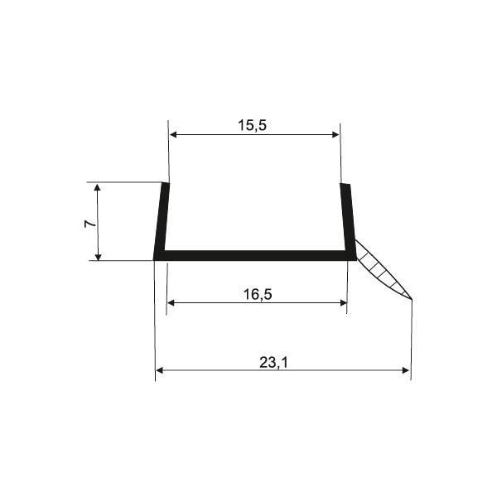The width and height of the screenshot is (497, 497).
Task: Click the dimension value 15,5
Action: tap(253, 126)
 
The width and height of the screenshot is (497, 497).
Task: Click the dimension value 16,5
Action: tap(258, 294)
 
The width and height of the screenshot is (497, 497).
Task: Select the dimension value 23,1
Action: tap(274, 363)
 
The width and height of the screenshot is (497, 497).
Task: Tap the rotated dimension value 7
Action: tap(90, 224)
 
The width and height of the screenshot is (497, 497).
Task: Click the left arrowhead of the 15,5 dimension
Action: tap(173, 135)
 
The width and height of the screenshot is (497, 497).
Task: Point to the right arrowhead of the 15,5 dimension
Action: tap(335, 135)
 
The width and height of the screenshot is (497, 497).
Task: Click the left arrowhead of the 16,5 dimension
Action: tap(171, 303)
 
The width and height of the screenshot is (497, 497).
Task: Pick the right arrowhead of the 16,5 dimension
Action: tap(343, 303)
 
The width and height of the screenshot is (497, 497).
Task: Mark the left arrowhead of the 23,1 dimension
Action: tap(160, 370)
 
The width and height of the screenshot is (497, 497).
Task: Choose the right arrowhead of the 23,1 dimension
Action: tap(405, 370)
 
